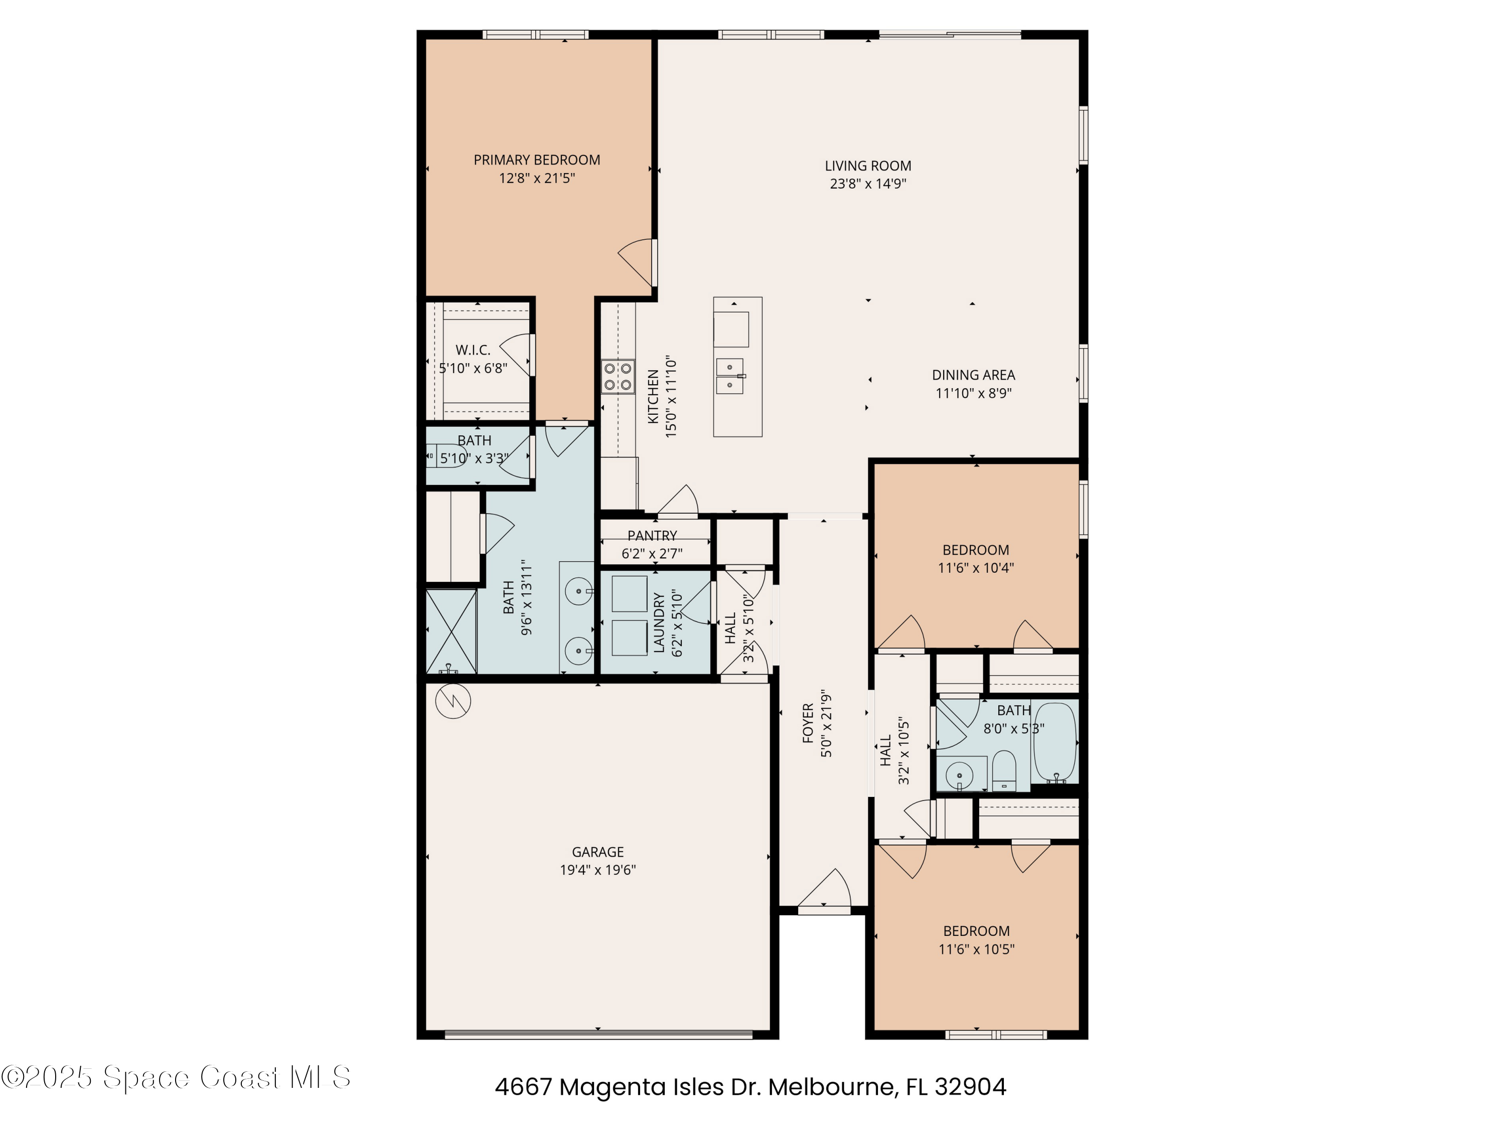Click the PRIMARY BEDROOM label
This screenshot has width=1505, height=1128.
click(x=536, y=160)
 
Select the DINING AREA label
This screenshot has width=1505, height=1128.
click(x=973, y=375)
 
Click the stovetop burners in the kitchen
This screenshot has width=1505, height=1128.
click(x=617, y=377)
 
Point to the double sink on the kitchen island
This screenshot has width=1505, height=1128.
click(x=729, y=376)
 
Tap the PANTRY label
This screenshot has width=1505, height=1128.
click(x=652, y=536)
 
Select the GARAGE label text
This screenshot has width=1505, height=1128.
click(x=597, y=852)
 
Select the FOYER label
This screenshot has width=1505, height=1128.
click(x=808, y=723)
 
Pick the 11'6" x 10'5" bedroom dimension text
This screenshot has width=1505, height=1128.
click(x=976, y=949)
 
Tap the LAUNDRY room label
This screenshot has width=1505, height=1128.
click(x=659, y=622)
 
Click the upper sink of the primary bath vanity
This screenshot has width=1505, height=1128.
click(x=579, y=590)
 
